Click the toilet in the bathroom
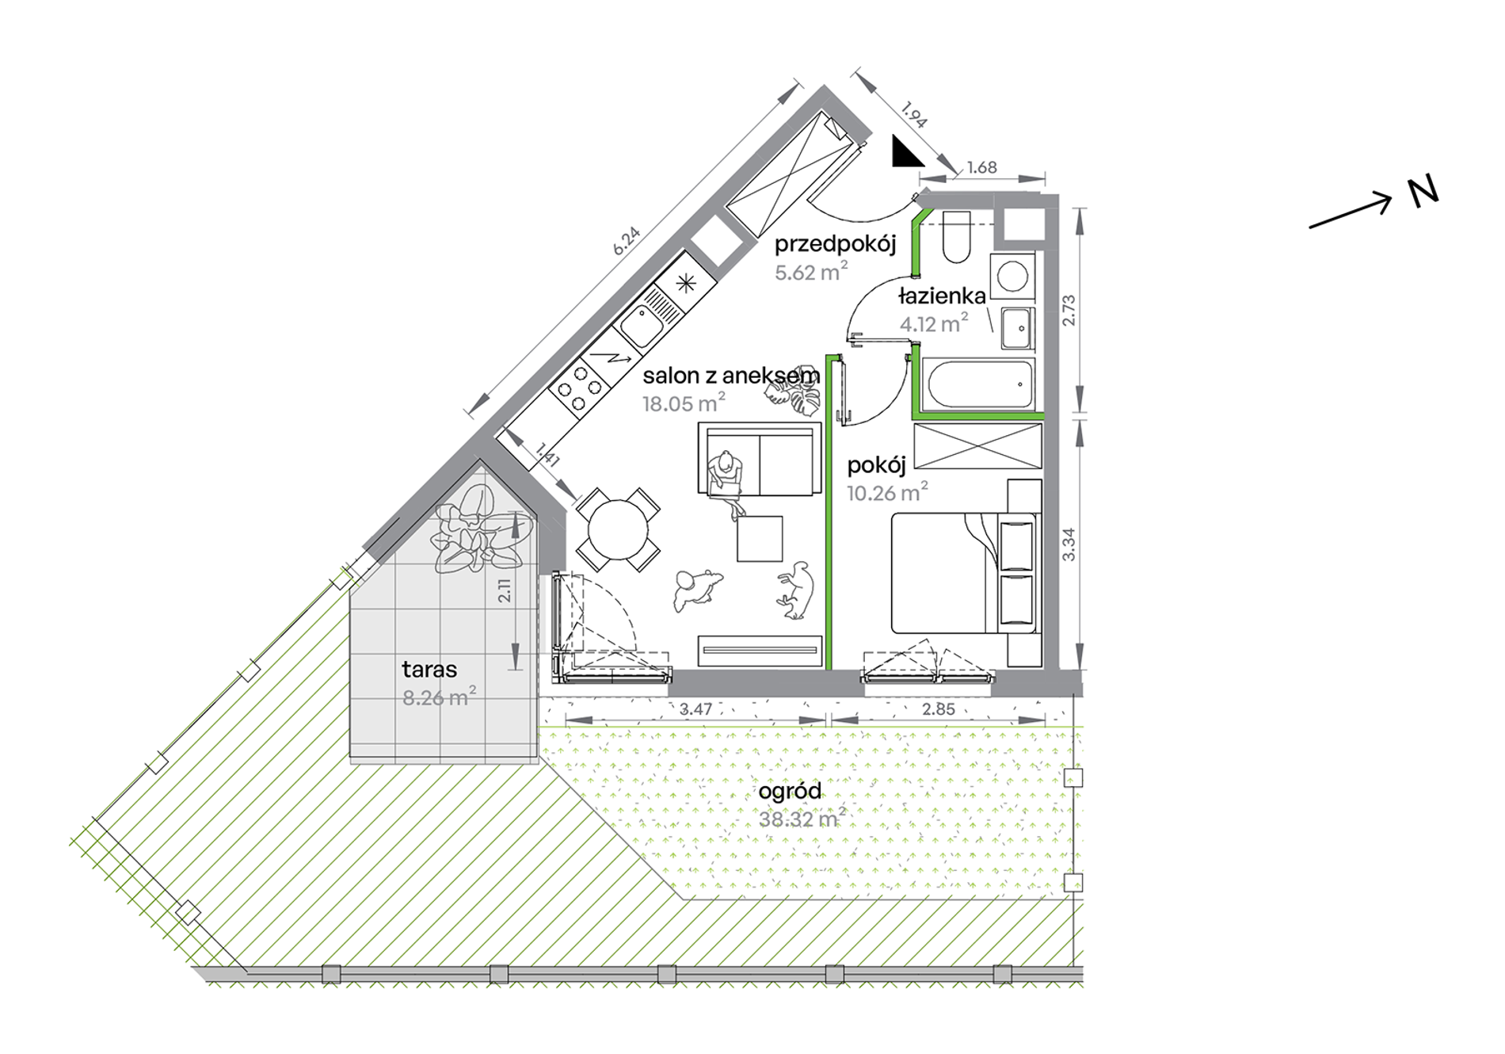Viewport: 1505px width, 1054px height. [x=957, y=236]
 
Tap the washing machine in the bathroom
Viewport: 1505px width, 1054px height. [x=1012, y=276]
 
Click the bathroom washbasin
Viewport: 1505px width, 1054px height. [x=1017, y=328]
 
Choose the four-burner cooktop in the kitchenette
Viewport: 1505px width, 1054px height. [x=580, y=388]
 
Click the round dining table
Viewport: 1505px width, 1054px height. [x=618, y=529]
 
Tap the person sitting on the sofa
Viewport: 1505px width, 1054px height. [x=726, y=481]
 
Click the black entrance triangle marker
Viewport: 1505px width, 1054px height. [x=905, y=152]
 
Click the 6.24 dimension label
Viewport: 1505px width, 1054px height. [x=626, y=241]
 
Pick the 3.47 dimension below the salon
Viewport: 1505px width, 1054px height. [x=695, y=709]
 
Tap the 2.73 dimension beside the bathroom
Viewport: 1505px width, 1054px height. [x=1069, y=310]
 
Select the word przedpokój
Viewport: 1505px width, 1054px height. [x=835, y=244]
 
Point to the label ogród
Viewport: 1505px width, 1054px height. [x=790, y=792]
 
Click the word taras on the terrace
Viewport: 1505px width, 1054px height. [x=429, y=670]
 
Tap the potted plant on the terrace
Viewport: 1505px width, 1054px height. [x=475, y=529]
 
